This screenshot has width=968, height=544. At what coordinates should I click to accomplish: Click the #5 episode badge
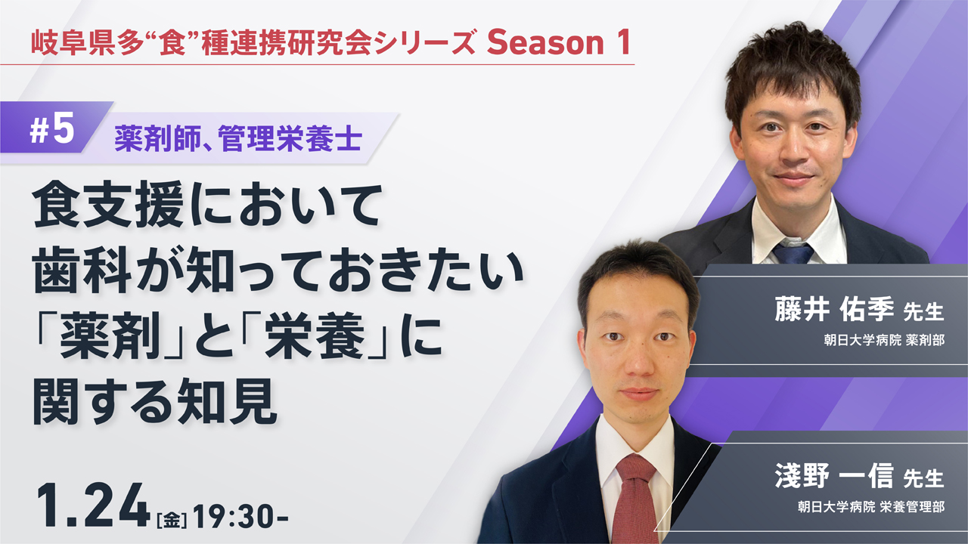pos(52,128)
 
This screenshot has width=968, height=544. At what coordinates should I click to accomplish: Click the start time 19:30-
pos(240,516)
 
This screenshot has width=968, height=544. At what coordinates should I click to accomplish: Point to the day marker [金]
pos(172,519)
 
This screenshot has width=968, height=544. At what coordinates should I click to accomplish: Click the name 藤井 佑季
pos(834,309)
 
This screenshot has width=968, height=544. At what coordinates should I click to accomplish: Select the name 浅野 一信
pos(834,475)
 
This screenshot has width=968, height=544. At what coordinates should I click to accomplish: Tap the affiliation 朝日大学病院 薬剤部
pos(884,340)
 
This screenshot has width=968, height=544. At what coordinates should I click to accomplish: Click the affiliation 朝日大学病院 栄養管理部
pos(870,506)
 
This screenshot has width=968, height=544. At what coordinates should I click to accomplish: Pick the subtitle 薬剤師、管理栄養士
pos(238,139)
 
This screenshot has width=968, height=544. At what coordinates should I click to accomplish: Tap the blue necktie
pos(793,253)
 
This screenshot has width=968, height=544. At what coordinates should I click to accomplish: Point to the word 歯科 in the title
pos(82,270)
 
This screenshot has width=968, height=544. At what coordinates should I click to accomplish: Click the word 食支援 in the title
pos(108,205)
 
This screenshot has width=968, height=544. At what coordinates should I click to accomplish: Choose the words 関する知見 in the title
pos(155,401)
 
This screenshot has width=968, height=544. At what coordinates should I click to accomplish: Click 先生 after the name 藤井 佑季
pos(923,312)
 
